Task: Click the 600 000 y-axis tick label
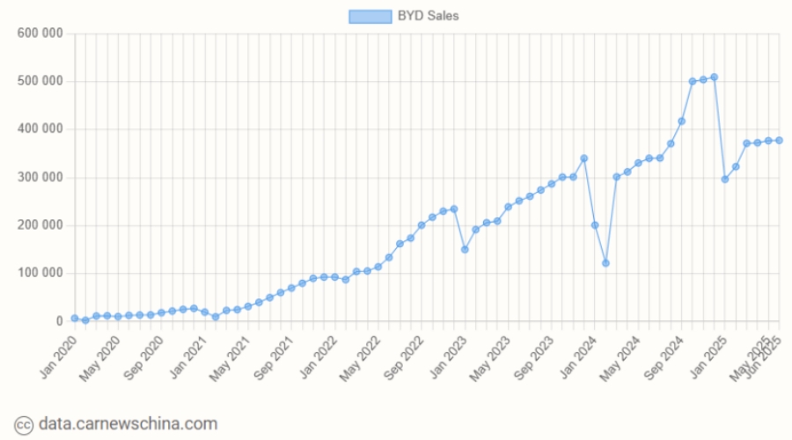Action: click(x=40, y=33)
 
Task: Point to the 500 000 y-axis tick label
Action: click(x=40, y=82)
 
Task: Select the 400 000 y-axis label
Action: click(x=40, y=129)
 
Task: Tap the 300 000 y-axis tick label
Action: click(x=40, y=178)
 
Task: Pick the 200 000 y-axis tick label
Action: click(x=40, y=225)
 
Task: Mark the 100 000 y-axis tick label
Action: click(x=40, y=274)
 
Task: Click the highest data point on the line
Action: click(x=714, y=77)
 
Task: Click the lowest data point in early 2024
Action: click(x=605, y=263)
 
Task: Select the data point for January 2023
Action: click(x=465, y=249)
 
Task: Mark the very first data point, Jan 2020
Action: click(x=75, y=319)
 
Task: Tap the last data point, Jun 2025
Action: click(x=779, y=141)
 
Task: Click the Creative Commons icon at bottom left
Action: click(x=25, y=424)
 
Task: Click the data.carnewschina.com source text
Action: click(x=128, y=424)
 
